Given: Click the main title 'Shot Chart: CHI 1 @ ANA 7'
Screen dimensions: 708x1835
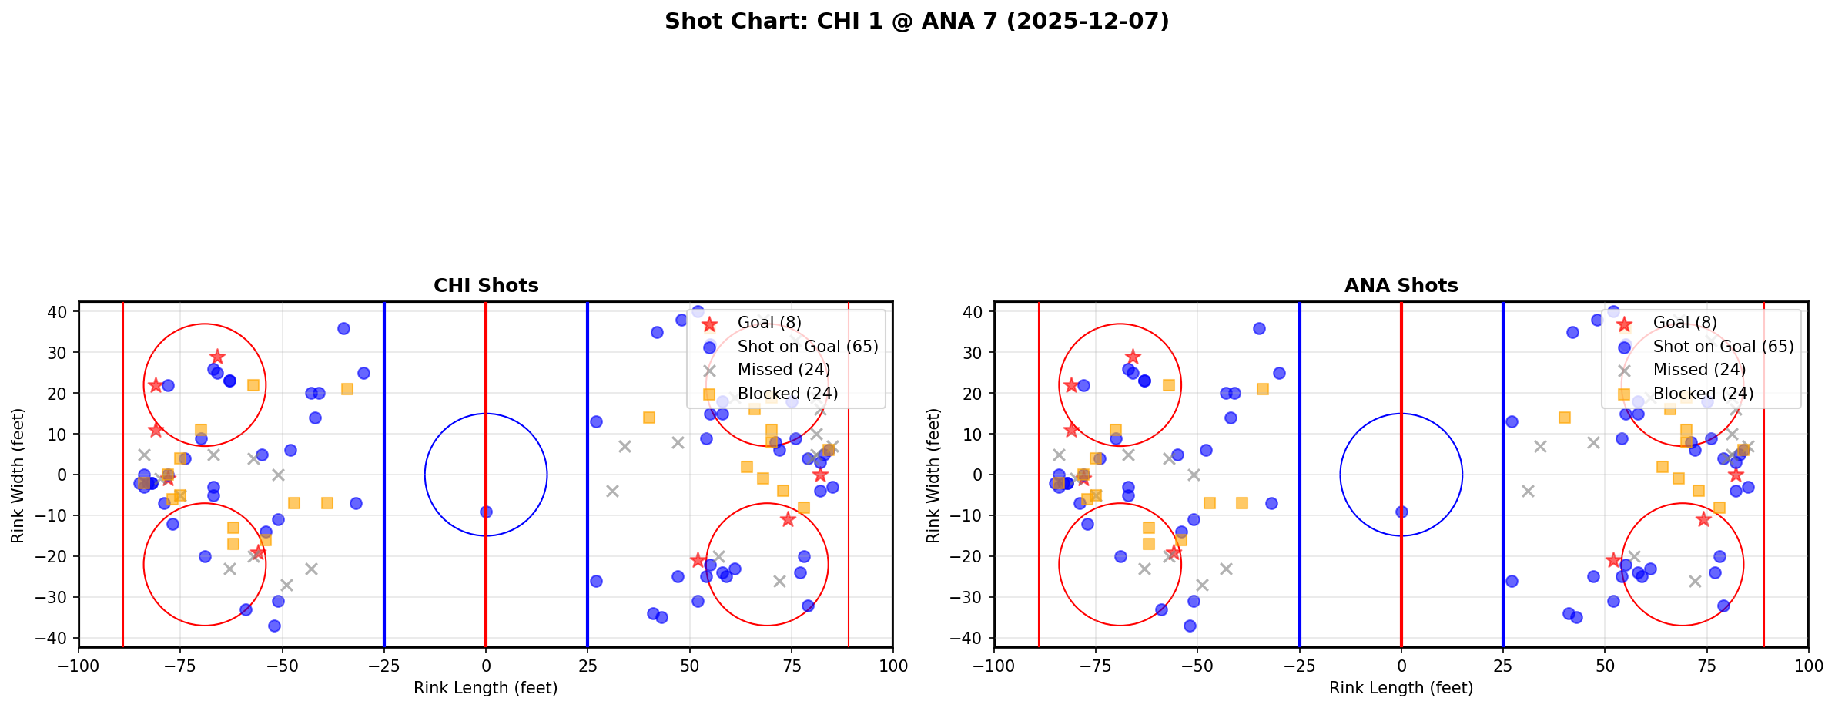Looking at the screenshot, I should click(x=916, y=22).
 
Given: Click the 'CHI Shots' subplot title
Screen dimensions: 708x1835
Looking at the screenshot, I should click(x=486, y=286).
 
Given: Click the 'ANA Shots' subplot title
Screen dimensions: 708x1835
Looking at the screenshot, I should click(x=1401, y=286).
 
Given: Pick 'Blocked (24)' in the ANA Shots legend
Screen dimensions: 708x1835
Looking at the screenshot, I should click(x=1703, y=394).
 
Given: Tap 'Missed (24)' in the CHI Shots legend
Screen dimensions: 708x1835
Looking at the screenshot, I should click(x=783, y=370).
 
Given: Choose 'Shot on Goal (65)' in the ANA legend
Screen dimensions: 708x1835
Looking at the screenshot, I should click(x=1723, y=347).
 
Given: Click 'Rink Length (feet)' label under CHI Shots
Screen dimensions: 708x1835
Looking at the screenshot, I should click(x=486, y=688).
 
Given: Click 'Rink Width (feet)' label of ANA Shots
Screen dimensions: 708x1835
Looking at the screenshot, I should click(x=933, y=475).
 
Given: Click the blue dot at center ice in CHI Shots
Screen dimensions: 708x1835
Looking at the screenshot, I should click(x=486, y=512).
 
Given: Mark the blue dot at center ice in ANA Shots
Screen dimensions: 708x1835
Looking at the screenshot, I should click(x=1401, y=512).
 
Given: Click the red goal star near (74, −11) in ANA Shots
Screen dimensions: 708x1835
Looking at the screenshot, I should click(x=1703, y=519).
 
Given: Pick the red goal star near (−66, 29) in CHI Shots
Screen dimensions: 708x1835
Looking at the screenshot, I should click(x=217, y=357).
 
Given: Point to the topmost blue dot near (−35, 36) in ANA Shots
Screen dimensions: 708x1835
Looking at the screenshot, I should click(x=1259, y=328).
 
